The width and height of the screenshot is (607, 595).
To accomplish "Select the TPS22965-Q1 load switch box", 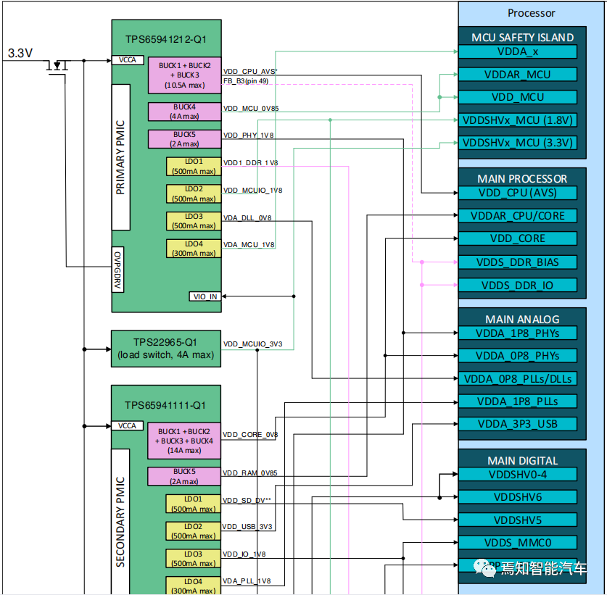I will (x=165, y=348).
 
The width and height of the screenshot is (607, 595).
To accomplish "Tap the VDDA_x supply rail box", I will (x=516, y=51).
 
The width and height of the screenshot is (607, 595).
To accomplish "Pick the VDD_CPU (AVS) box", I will (x=516, y=193).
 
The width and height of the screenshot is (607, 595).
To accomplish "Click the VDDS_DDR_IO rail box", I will (x=516, y=285).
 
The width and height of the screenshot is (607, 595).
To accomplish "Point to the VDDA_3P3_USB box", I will (x=516, y=423).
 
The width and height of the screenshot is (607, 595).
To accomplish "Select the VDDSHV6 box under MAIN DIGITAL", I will (x=516, y=497).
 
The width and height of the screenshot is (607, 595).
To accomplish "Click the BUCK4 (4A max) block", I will (x=183, y=111).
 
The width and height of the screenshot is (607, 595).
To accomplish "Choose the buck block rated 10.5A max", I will (x=183, y=75).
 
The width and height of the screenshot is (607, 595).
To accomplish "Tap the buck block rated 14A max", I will (x=183, y=440).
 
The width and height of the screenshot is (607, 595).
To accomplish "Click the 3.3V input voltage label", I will (x=20, y=53).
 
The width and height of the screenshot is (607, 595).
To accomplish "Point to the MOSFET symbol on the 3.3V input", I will (x=57, y=66).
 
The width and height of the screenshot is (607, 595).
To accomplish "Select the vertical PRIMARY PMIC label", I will (x=120, y=157).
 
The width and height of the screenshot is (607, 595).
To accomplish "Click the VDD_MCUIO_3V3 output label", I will (x=253, y=344).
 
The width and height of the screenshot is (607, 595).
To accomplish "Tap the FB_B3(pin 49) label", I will (x=246, y=80).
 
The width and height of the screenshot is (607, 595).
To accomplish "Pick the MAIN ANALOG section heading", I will (x=521, y=319).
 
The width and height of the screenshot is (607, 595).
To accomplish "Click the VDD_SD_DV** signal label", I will (x=247, y=501).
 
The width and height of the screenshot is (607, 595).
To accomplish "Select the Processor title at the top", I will (x=531, y=12).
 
